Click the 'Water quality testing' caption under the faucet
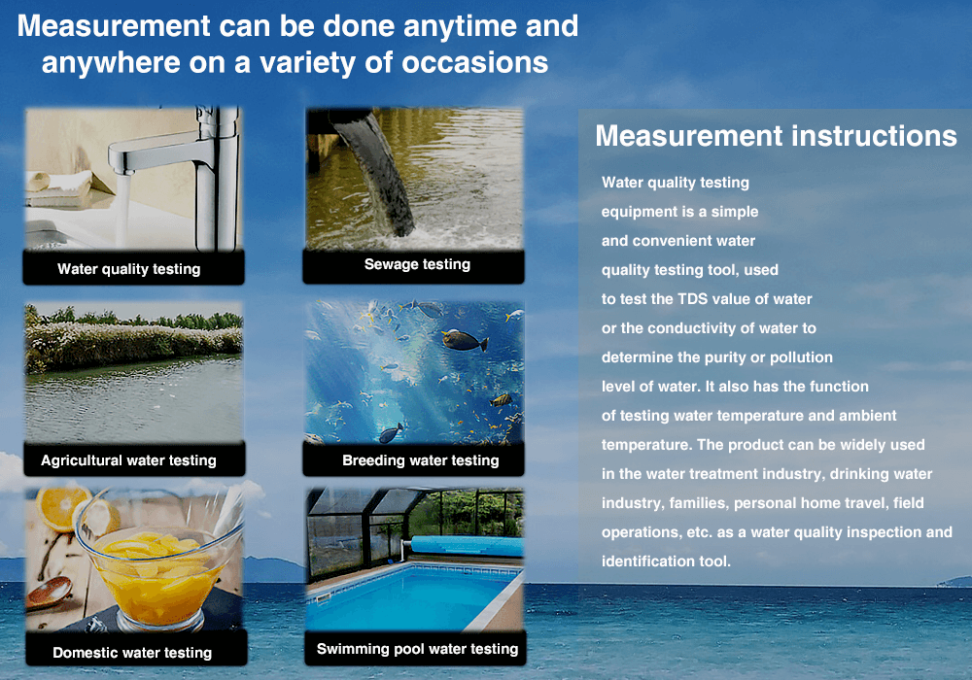[129, 269]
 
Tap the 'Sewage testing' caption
[417, 264]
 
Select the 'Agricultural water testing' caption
[129, 460]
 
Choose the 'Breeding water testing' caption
[420, 460]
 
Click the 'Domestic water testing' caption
[132, 652]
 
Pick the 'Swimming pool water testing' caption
[417, 648]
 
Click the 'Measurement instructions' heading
[776, 136]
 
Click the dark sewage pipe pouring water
[375, 174]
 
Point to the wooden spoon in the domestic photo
[50, 592]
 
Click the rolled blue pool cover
[467, 547]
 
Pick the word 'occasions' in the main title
[475, 62]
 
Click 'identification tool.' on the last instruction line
[666, 561]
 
